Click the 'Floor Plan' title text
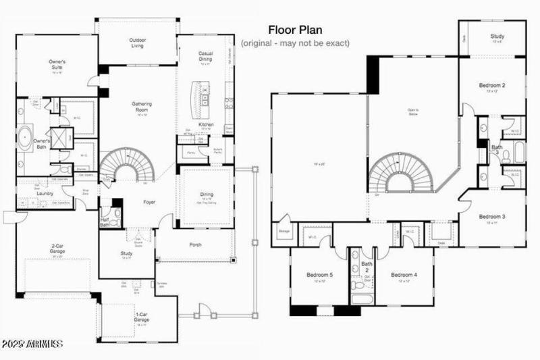(x=295, y=30)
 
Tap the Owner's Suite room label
(x=57, y=65)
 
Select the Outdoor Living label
(x=138, y=43)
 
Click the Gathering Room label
(x=141, y=107)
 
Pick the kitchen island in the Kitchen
(x=202, y=97)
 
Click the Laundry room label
(x=45, y=192)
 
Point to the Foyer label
(x=148, y=201)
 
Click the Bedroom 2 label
(x=493, y=86)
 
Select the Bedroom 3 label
(x=493, y=217)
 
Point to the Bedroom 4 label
(x=404, y=275)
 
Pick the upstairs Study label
(x=497, y=36)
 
